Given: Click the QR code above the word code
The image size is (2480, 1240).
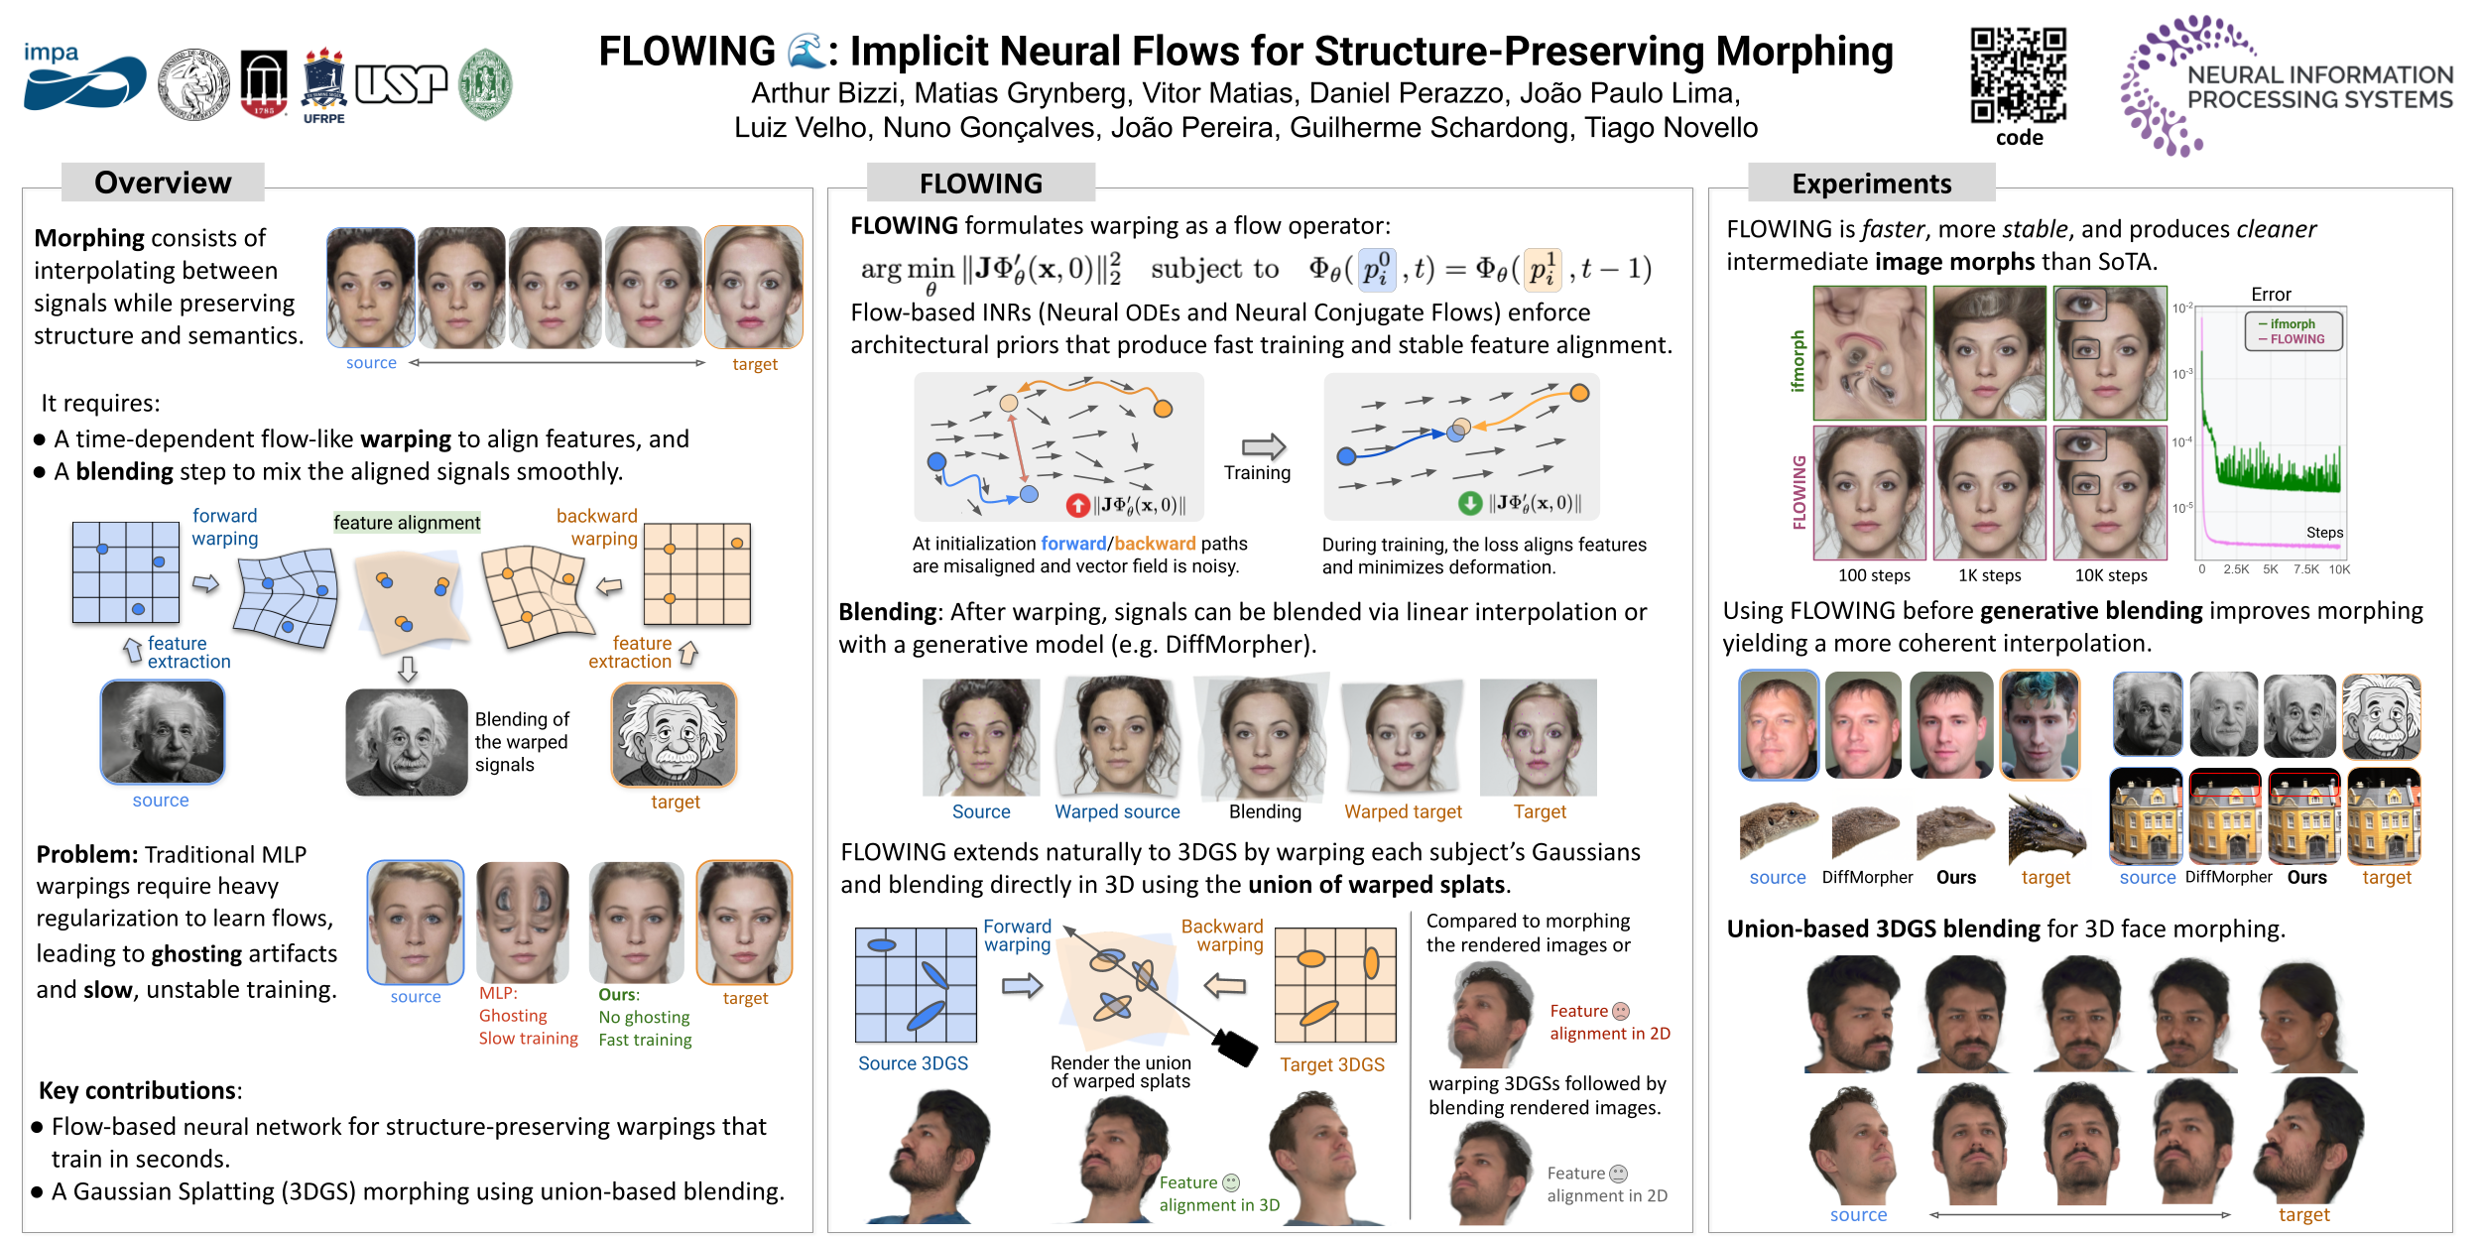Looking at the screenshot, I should coord(2018,74).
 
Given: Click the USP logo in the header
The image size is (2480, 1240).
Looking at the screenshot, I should coord(401,84).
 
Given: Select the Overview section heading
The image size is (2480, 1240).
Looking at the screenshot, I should coord(163,183).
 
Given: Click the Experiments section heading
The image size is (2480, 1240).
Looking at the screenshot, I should coord(1871,184).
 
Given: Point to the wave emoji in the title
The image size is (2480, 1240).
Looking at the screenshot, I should coord(806,52).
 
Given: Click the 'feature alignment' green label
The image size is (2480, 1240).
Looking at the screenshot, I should coord(407,523).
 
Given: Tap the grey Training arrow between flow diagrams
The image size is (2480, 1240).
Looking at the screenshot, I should coord(1263,446).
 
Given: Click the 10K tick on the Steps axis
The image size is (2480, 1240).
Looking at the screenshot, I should coord(2339,569).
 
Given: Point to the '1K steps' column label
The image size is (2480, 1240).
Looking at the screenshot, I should coord(1989,575).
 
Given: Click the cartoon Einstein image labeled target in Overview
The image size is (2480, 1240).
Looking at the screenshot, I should coord(675,735).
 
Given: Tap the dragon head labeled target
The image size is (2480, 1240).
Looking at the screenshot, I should coord(2045,828).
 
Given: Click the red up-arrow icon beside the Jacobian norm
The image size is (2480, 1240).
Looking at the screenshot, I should coord(1077,505).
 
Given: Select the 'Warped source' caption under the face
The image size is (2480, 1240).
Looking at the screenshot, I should coord(1117,811).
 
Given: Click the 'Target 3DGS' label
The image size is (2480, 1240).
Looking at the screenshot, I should coord(1331,1064).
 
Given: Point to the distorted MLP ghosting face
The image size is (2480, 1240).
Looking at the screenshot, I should coord(523,922).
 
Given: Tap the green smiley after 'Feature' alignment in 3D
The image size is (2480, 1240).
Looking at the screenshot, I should coord(1231,1182).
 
